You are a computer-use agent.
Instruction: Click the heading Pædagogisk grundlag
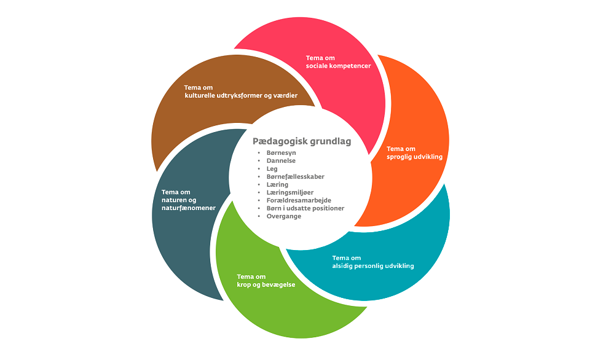click(x=301, y=141)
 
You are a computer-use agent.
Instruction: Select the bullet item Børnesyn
click(x=281, y=153)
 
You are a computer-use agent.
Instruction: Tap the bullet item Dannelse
click(x=281, y=161)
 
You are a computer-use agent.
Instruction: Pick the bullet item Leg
click(x=272, y=169)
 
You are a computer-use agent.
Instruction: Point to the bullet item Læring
click(x=277, y=184)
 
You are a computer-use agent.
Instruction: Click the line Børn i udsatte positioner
click(x=305, y=208)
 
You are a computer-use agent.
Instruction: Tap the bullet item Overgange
click(x=283, y=216)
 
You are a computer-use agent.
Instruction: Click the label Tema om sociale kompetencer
click(x=338, y=62)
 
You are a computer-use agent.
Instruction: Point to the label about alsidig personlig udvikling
click(x=372, y=262)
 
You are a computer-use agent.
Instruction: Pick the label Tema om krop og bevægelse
click(x=266, y=280)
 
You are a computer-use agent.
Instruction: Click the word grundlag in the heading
click(x=329, y=141)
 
